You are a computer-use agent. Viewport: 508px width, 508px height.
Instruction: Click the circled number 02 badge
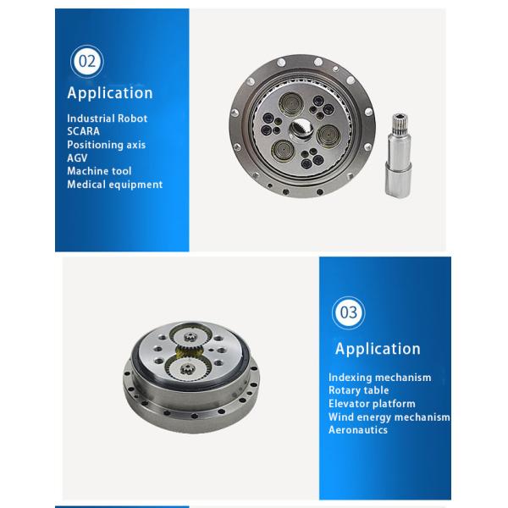pos(87,62)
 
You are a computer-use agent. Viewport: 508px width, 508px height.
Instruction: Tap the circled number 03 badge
pos(349,312)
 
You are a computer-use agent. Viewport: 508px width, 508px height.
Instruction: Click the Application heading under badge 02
pos(110,93)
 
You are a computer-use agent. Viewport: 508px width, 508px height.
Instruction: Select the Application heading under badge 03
pos(378,349)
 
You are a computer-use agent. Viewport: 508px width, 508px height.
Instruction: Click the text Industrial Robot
pos(107,119)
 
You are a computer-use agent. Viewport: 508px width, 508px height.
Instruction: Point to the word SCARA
pos(83,131)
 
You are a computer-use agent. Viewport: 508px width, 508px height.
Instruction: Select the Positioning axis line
pos(107,145)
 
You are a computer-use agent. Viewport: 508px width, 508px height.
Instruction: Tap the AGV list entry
pos(77,158)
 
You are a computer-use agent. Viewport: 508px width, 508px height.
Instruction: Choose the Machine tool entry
pos(99,171)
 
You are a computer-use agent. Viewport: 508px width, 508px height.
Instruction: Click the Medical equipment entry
pos(114,185)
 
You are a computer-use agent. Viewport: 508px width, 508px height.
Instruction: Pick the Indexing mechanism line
pos(379,378)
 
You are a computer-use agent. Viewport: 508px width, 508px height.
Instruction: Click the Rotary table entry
pos(359,390)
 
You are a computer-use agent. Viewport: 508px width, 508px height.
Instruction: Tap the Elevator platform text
pos(372,404)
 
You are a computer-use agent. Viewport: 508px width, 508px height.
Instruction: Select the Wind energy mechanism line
pos(389,417)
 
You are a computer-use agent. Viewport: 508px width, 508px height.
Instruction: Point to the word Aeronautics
pos(358,430)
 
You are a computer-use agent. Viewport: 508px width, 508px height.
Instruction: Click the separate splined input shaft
pos(399,155)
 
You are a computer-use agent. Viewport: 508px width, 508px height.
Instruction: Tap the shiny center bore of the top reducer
pos(301,128)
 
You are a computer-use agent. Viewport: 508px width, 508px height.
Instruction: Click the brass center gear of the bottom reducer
pos(189,353)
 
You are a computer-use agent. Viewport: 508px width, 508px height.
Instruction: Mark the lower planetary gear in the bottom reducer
pos(188,369)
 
